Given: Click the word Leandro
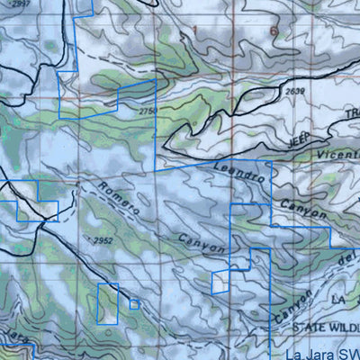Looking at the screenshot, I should (239, 172).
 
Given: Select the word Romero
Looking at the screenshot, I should (117, 195).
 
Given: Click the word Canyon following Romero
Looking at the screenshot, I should (201, 240).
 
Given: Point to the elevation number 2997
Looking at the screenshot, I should (19, 4).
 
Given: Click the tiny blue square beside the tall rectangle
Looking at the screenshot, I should (134, 304).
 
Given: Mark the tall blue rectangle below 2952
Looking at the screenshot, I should (107, 303).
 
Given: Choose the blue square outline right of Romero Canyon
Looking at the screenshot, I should (220, 283).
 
